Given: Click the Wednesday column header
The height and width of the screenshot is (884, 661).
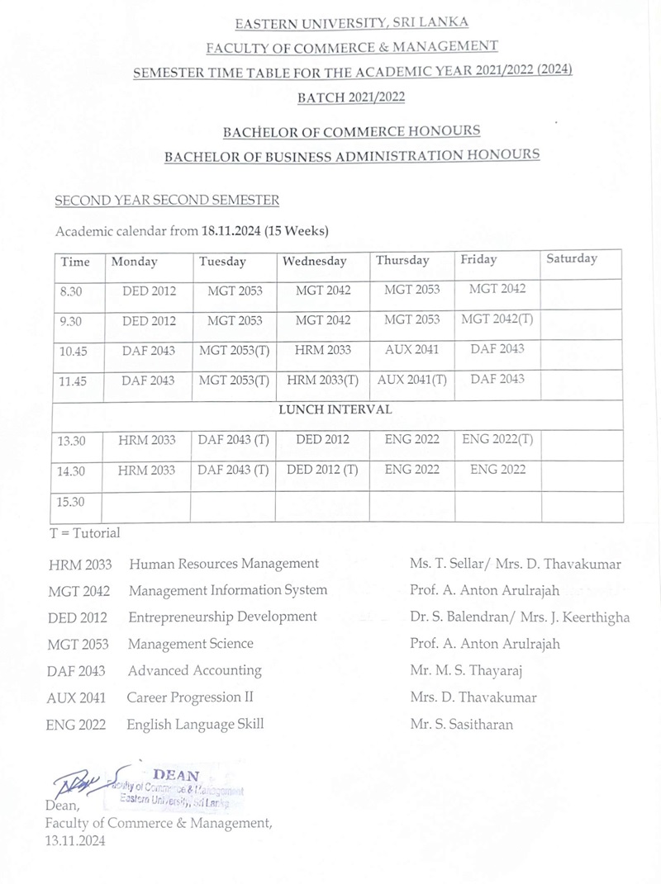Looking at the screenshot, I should pos(315,262).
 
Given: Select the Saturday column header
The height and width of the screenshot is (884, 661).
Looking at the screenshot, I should pos(571,259).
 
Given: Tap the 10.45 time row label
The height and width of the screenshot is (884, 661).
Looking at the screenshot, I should pos(74,351).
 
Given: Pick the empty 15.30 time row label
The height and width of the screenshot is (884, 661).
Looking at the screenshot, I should pos(72,501).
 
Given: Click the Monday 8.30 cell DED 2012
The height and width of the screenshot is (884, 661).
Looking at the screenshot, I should pos(149,291).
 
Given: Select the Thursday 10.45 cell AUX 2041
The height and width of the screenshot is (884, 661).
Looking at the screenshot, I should pos(411,350).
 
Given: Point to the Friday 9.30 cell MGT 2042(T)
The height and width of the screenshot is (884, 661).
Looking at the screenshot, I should pos(497,319).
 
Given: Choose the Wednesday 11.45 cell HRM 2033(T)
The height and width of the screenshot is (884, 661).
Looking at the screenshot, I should pos(322,381).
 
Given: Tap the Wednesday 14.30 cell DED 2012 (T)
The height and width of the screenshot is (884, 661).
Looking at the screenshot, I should pos(322,470).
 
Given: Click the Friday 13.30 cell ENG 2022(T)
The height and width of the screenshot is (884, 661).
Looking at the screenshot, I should pos(497,440).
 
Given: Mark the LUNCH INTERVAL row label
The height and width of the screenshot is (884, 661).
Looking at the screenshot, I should pos(338,409).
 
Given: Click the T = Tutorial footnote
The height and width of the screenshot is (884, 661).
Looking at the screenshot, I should pos(84,533).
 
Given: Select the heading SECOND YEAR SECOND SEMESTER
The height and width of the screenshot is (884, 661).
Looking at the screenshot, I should pos(166,201).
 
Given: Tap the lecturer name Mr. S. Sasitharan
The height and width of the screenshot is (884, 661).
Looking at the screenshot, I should pos(461,725).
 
